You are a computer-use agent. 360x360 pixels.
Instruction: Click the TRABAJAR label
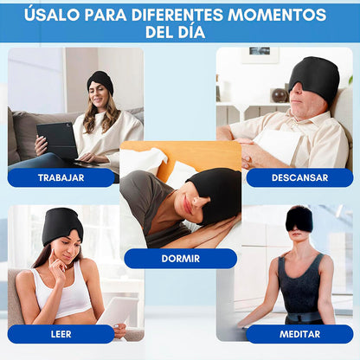(61, 177)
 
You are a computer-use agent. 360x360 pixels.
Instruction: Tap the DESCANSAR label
(299, 177)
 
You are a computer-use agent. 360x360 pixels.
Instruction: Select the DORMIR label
(180, 258)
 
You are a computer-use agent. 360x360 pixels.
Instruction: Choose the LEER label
(61, 334)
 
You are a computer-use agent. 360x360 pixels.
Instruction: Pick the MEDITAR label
(299, 334)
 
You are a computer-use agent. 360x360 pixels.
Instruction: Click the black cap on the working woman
(100, 80)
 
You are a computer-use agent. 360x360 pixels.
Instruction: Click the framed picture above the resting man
(260, 55)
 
